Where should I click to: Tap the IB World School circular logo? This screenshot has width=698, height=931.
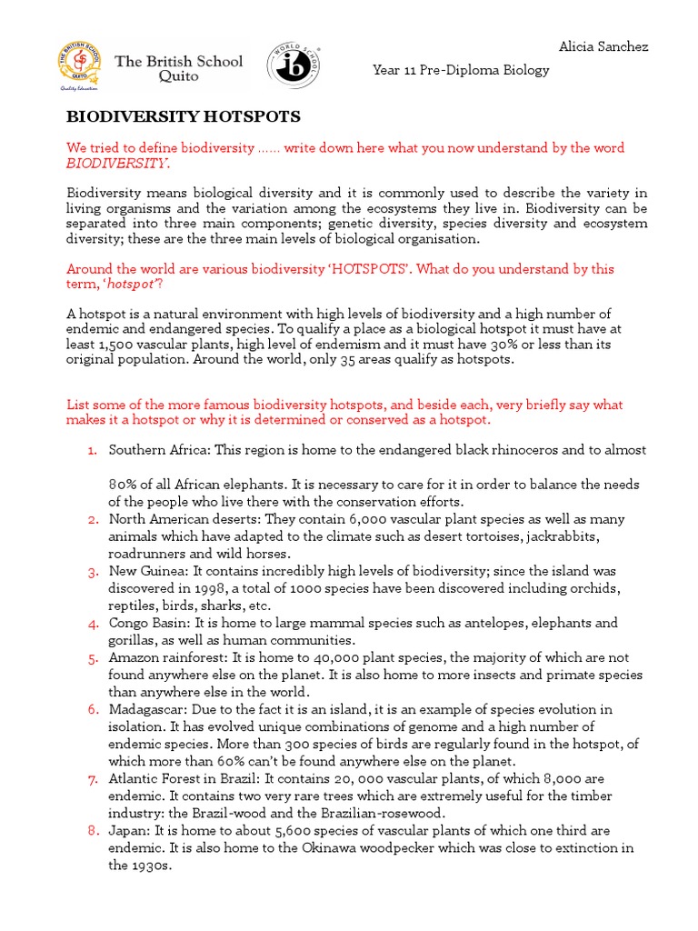click(x=292, y=66)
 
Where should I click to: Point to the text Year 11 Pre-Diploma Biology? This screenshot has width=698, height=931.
click(x=461, y=70)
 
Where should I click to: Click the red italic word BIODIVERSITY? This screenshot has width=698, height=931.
click(x=117, y=164)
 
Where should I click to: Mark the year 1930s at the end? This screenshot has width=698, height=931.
click(x=130, y=866)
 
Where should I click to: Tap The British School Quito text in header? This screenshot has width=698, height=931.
click(x=179, y=69)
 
